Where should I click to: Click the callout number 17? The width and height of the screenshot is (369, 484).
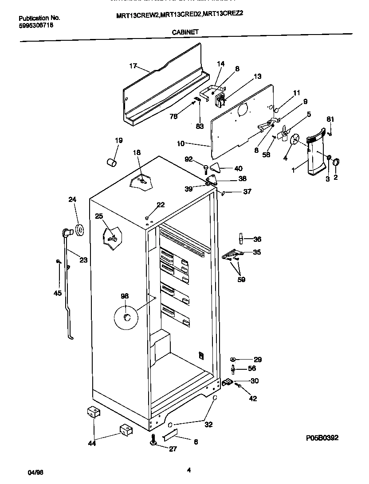coord(133,66)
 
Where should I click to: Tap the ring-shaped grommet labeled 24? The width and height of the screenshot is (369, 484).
coord(80,230)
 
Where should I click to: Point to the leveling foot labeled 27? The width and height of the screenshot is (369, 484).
coord(153,441)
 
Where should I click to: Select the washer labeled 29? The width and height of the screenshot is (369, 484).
coord(233,359)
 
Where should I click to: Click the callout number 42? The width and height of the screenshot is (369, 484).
coord(253,399)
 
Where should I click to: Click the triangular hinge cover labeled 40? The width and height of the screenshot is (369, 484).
coord(216,167)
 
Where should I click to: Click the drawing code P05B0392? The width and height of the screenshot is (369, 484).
coord(322,438)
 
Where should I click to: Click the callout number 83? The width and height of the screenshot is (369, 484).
coord(200,126)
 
